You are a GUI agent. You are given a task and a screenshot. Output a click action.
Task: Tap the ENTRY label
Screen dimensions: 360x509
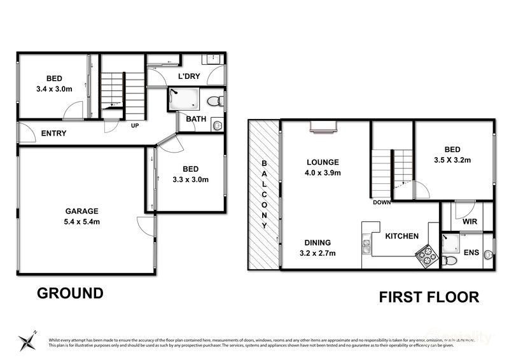53,134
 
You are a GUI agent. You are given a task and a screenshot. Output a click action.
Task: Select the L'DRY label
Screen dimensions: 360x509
189,76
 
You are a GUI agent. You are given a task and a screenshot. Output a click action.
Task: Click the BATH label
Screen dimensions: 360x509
195,119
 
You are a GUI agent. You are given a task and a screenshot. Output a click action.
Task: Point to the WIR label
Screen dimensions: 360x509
470,223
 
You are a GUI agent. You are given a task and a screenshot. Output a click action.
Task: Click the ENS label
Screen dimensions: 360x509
471,253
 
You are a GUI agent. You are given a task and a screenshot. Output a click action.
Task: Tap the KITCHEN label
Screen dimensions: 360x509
401,236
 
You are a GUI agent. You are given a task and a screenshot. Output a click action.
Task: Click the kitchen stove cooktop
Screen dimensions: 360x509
426,256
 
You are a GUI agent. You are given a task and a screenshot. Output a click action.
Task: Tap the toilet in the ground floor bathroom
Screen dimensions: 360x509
218,100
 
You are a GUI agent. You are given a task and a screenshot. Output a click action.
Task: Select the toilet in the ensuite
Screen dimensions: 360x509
449,260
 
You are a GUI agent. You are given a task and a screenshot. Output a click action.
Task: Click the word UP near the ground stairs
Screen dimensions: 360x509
135,125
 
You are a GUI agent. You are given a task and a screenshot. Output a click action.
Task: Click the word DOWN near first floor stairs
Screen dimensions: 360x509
382,203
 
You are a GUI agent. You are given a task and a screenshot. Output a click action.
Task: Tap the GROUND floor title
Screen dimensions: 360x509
70,293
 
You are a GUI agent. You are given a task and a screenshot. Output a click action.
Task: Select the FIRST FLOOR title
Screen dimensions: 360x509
429,296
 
